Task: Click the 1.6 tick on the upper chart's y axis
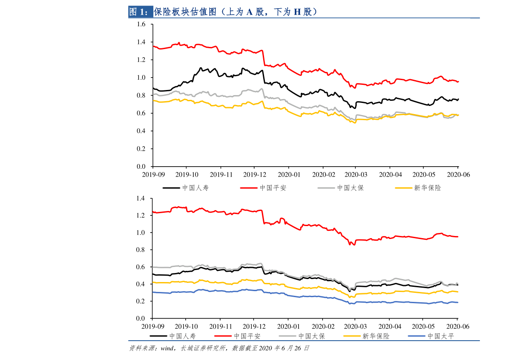[141, 25]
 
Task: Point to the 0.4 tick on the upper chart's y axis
[141, 131]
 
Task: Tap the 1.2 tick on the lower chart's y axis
[141, 215]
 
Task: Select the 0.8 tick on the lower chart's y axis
[141, 250]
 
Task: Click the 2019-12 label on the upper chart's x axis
[255, 175]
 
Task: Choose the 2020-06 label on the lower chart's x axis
[458, 327]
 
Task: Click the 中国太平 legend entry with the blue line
[441, 336]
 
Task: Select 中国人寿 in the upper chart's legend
[195, 188]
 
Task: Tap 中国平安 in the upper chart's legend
[273, 188]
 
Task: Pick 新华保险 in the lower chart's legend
[376, 336]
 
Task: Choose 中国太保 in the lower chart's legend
[311, 336]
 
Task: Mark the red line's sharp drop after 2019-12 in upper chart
[264, 58]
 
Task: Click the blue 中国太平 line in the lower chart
[302, 296]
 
